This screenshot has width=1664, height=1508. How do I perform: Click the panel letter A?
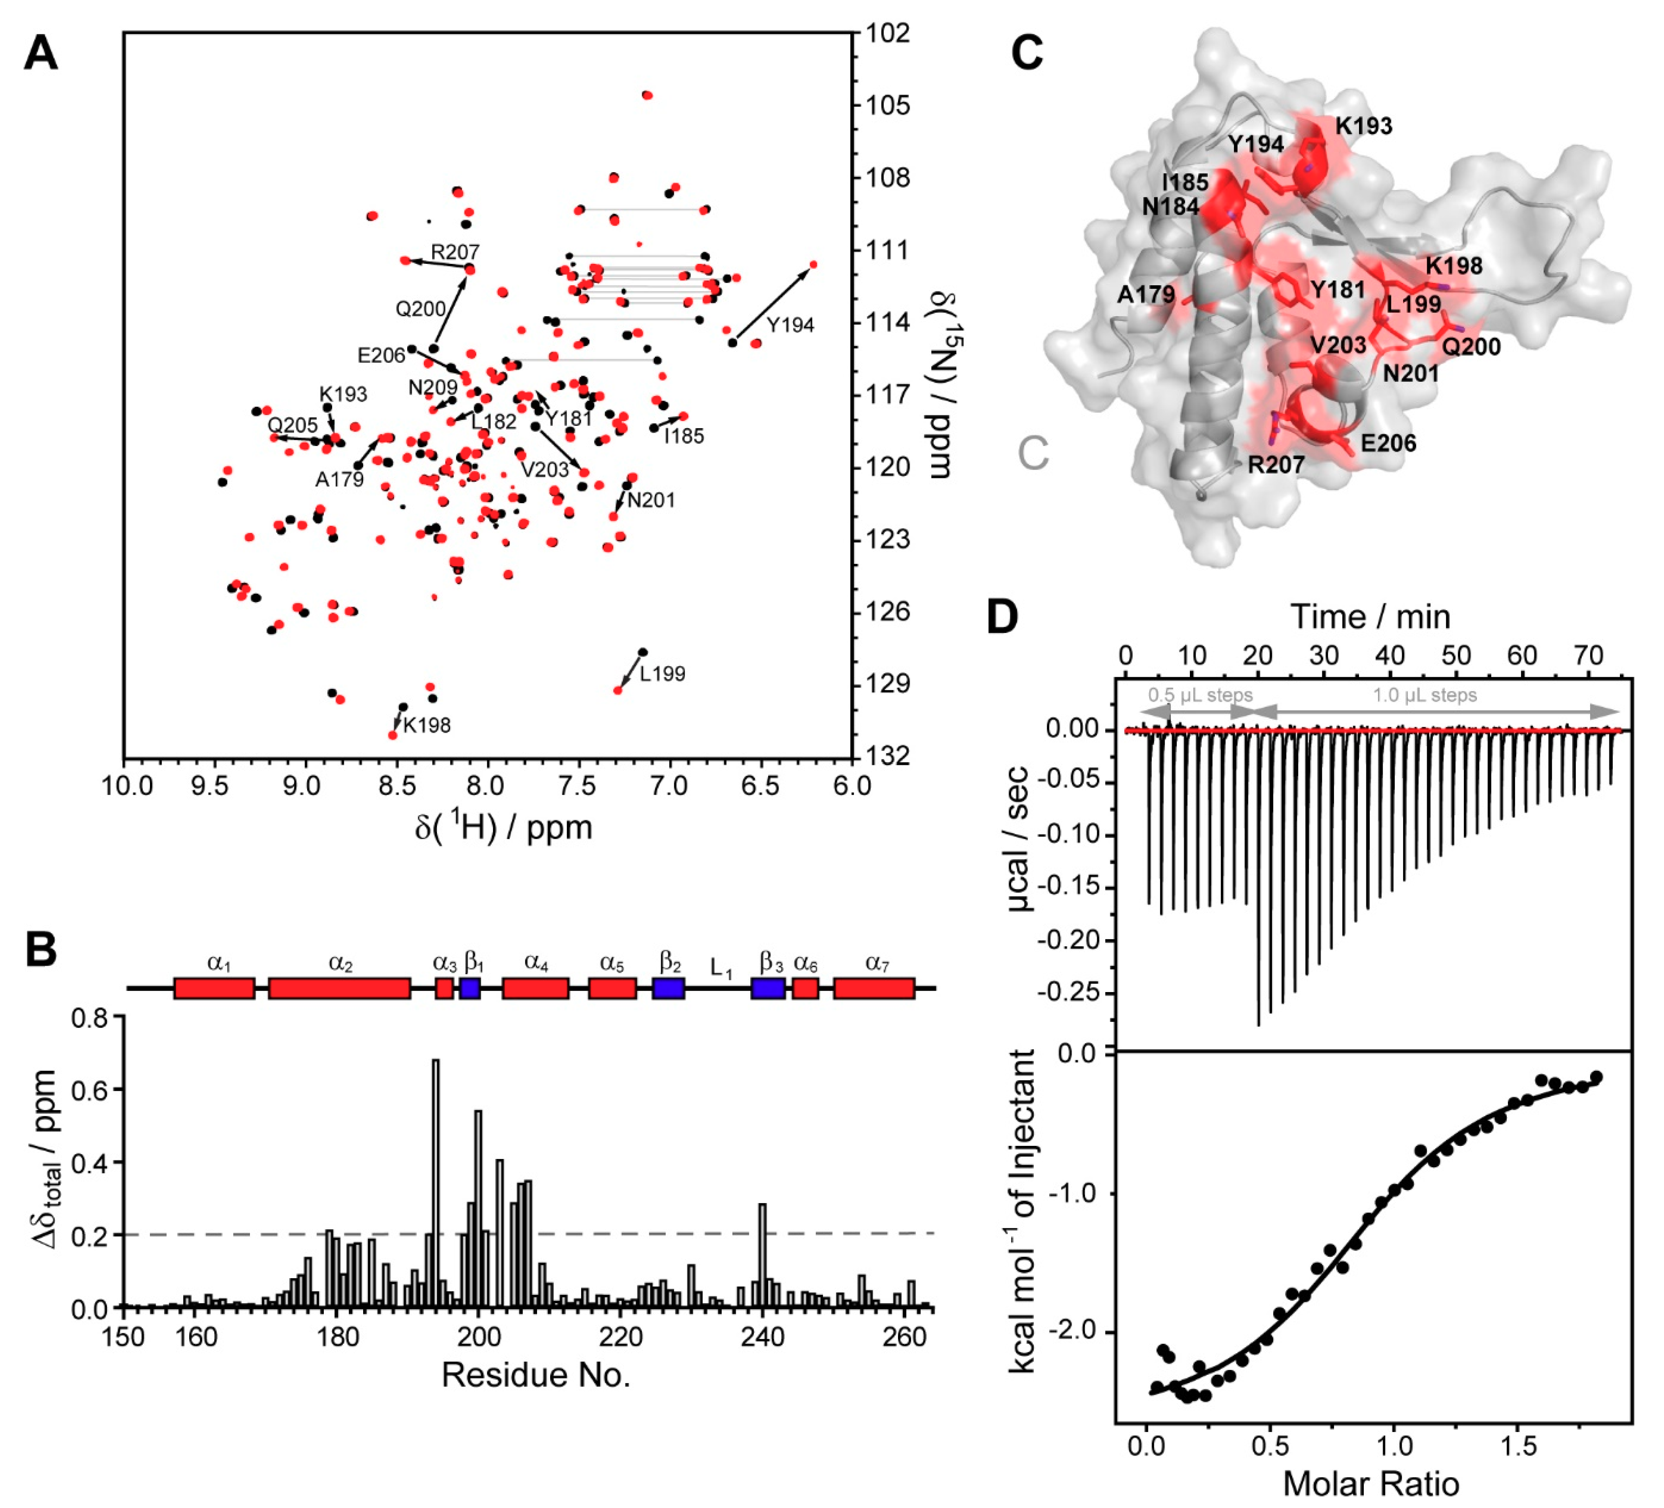pos(41,55)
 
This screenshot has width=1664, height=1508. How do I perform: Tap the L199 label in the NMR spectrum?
pos(662,674)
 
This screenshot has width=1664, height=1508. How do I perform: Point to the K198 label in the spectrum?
pos(427,725)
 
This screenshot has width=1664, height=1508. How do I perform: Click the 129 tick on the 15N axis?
pos(887,684)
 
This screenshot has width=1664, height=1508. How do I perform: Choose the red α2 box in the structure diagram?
pos(339,988)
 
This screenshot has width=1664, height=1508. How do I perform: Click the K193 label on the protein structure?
pos(1363,126)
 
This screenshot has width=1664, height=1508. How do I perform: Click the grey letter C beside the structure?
pos(1033,453)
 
